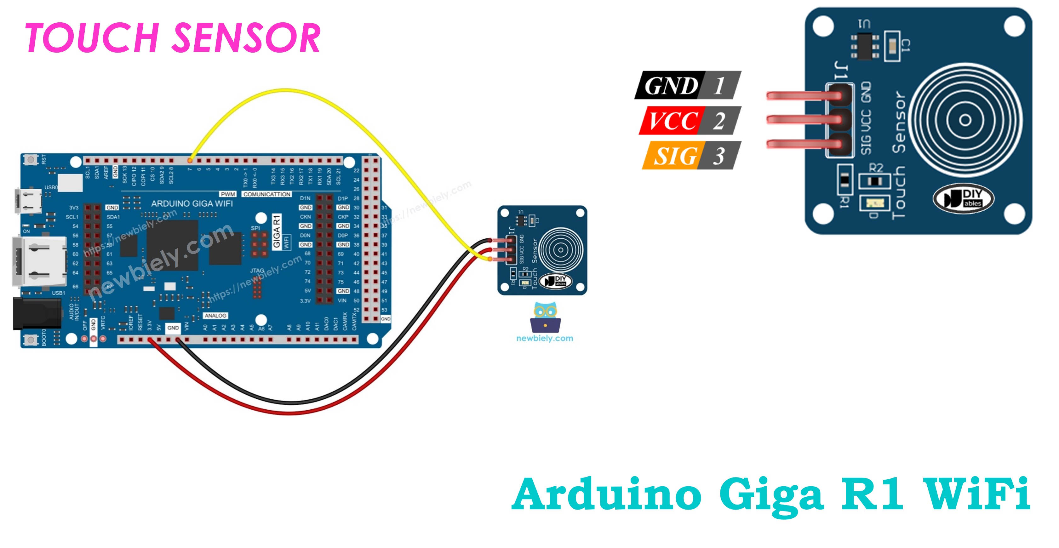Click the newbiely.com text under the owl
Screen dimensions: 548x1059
[545, 338]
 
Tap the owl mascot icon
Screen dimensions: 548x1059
[545, 317]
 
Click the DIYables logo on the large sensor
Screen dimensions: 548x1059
[963, 198]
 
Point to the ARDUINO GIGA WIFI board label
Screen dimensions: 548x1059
[192, 203]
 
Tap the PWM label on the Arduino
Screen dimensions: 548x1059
[228, 194]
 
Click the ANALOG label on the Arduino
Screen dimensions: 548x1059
[215, 316]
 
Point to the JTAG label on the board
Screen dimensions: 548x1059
[257, 271]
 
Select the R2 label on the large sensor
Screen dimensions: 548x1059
[876, 168]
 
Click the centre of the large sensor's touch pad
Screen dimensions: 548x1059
[965, 120]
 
